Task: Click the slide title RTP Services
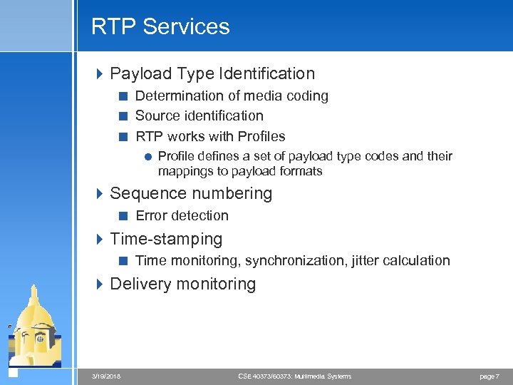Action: click(x=160, y=27)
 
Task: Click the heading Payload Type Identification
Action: click(x=212, y=73)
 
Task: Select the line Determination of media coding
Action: click(x=232, y=96)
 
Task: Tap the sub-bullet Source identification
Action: click(x=199, y=115)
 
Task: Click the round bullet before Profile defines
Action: click(x=147, y=157)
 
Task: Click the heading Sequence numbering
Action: click(x=191, y=193)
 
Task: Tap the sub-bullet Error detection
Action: click(x=182, y=215)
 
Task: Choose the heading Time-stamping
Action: click(x=166, y=239)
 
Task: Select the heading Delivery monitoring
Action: click(x=182, y=284)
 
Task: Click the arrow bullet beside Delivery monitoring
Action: click(x=100, y=284)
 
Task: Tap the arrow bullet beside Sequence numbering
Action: click(x=100, y=193)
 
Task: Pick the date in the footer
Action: click(x=106, y=376)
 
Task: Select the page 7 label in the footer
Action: click(x=488, y=376)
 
